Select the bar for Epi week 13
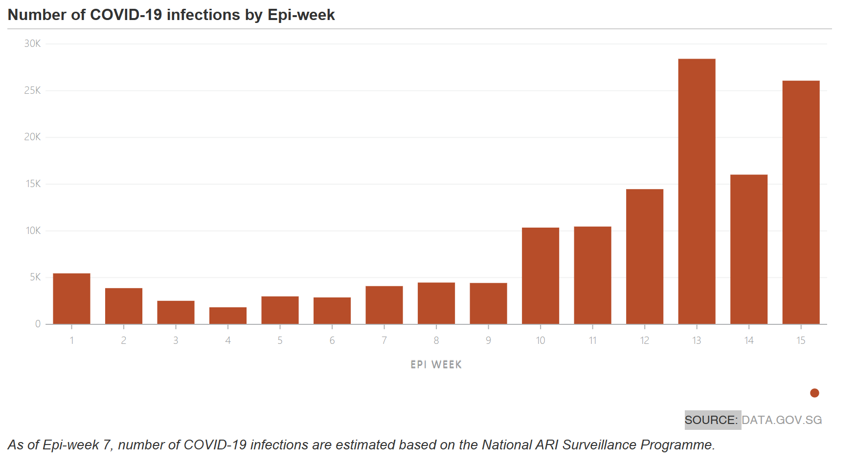pos(697,191)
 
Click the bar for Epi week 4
pos(228,316)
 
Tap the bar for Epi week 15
pos(801,202)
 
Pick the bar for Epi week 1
pos(71,298)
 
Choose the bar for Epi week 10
pos(541,275)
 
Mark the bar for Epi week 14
pos(749,249)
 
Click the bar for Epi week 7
pos(384,305)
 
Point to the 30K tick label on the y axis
pos(32,44)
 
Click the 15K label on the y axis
pos(33,184)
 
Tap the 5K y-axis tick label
pos(35,277)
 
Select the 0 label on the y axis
pos(38,324)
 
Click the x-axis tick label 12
pos(645,340)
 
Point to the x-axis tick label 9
pos(488,340)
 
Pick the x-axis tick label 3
pos(176,340)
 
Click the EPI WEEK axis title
pos(436,364)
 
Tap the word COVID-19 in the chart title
pos(126,15)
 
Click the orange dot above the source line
pos(814,393)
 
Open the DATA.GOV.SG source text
pos(782,420)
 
